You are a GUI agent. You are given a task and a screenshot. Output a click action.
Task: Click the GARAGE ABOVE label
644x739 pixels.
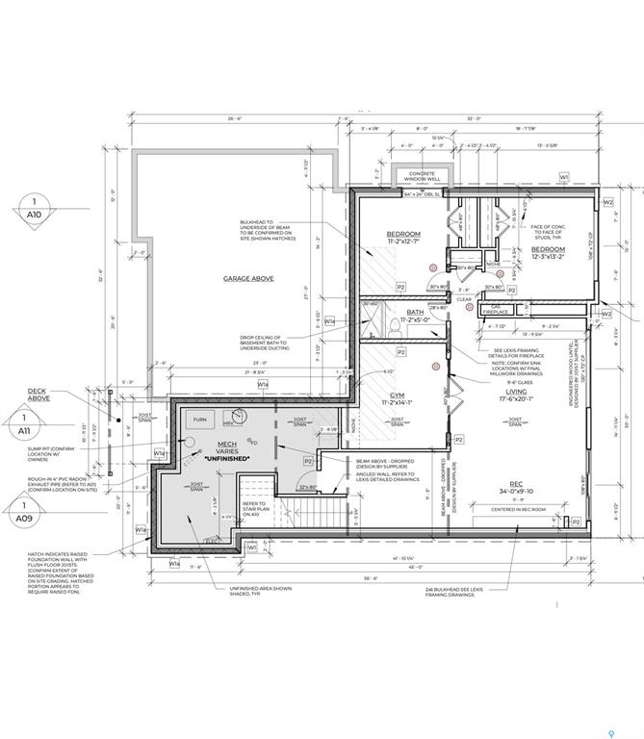pyautogui.click(x=248, y=278)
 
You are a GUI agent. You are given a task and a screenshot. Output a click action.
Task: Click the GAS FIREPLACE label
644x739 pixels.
pyautogui.click(x=495, y=309)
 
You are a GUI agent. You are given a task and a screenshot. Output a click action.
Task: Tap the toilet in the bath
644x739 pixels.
pyautogui.click(x=396, y=327)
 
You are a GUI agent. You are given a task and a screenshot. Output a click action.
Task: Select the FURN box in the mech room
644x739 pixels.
pyautogui.click(x=199, y=420)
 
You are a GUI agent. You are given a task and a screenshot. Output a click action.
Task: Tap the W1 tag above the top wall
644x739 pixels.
pyautogui.click(x=564, y=177)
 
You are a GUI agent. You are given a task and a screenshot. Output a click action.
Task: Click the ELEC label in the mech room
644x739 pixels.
pyautogui.click(x=214, y=542)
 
